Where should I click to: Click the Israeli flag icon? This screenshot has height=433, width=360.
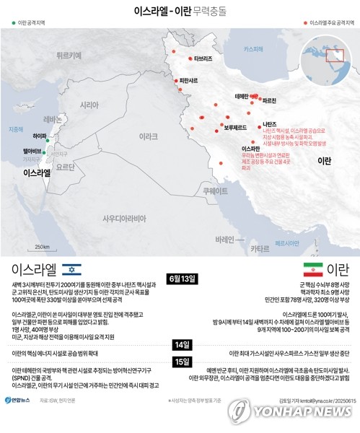[x=71, y=270]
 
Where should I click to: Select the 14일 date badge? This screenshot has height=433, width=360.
[x=181, y=345]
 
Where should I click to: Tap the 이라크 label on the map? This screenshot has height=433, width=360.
[x=148, y=136]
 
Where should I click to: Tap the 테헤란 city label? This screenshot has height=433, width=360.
[x=242, y=96]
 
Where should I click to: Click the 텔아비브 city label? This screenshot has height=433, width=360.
[x=32, y=151]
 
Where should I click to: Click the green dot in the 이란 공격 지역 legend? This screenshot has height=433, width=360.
[x=13, y=23]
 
